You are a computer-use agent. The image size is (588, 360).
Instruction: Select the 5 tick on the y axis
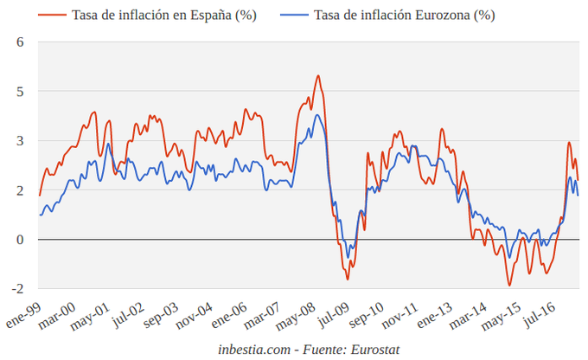coord(20,91)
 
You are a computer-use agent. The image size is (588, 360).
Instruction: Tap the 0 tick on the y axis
coord(20,239)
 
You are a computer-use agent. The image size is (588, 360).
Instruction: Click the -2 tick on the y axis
coord(17,288)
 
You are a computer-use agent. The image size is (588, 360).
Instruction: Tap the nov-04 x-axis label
coord(195,314)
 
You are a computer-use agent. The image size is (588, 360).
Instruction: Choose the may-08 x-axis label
coord(296,314)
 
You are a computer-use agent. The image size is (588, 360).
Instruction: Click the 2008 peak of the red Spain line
coord(317,76)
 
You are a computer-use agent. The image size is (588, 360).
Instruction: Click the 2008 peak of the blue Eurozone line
coord(317,115)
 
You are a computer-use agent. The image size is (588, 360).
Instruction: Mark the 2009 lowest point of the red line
coord(348,279)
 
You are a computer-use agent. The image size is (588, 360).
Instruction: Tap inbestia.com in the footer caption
coord(253,348)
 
